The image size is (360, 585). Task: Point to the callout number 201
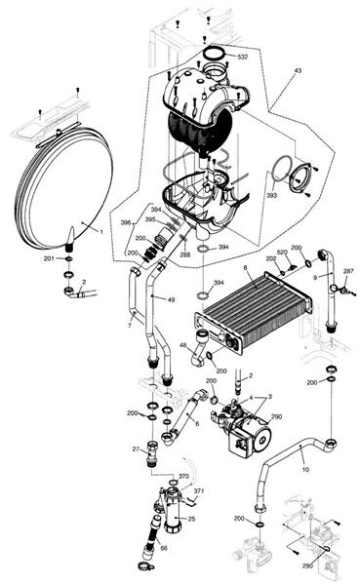point(49,258)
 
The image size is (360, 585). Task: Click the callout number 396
point(125,223)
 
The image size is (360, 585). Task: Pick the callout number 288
point(183,255)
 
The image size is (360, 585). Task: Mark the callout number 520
point(282,252)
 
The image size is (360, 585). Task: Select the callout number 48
point(183,346)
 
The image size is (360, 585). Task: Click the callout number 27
point(137,448)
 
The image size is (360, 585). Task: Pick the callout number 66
point(163,549)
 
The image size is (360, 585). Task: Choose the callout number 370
point(182,476)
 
